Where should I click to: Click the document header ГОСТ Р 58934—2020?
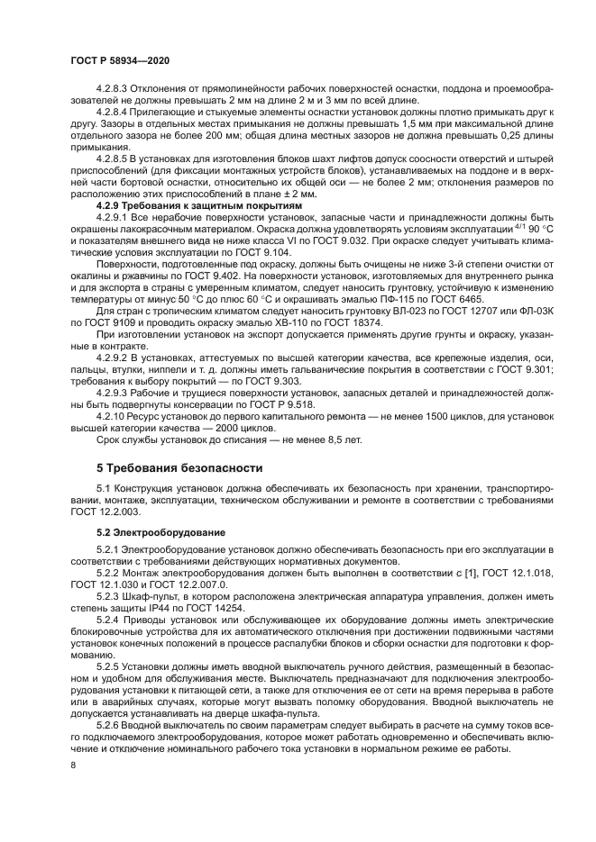click(120, 59)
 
